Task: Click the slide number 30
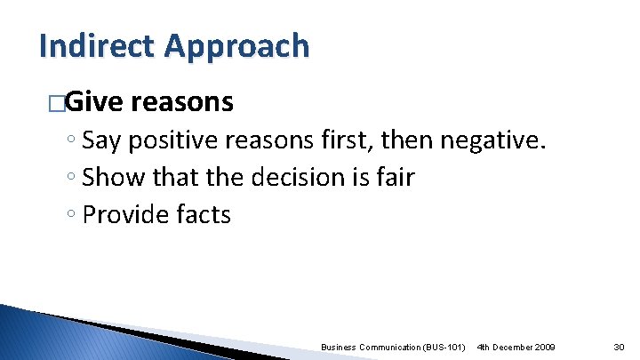[620, 346]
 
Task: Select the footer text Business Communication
[367, 346]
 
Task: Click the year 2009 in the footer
[544, 346]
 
